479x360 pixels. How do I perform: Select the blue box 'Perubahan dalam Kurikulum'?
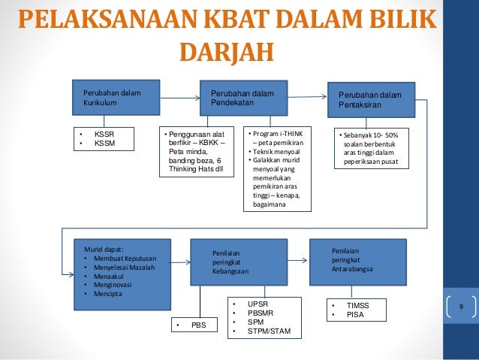click(x=116, y=98)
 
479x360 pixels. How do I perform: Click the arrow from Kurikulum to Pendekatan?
click(x=179, y=98)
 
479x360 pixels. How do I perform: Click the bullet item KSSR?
click(x=104, y=134)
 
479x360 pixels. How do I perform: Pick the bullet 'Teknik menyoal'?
click(x=276, y=150)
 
